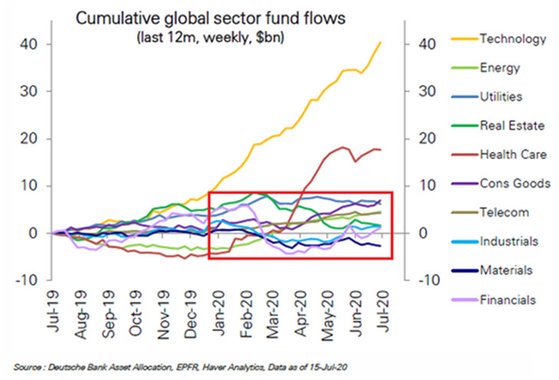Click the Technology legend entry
click(x=511, y=38)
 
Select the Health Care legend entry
click(x=513, y=154)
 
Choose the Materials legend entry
click(x=506, y=271)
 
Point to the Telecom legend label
click(x=503, y=213)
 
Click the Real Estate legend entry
click(x=511, y=126)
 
